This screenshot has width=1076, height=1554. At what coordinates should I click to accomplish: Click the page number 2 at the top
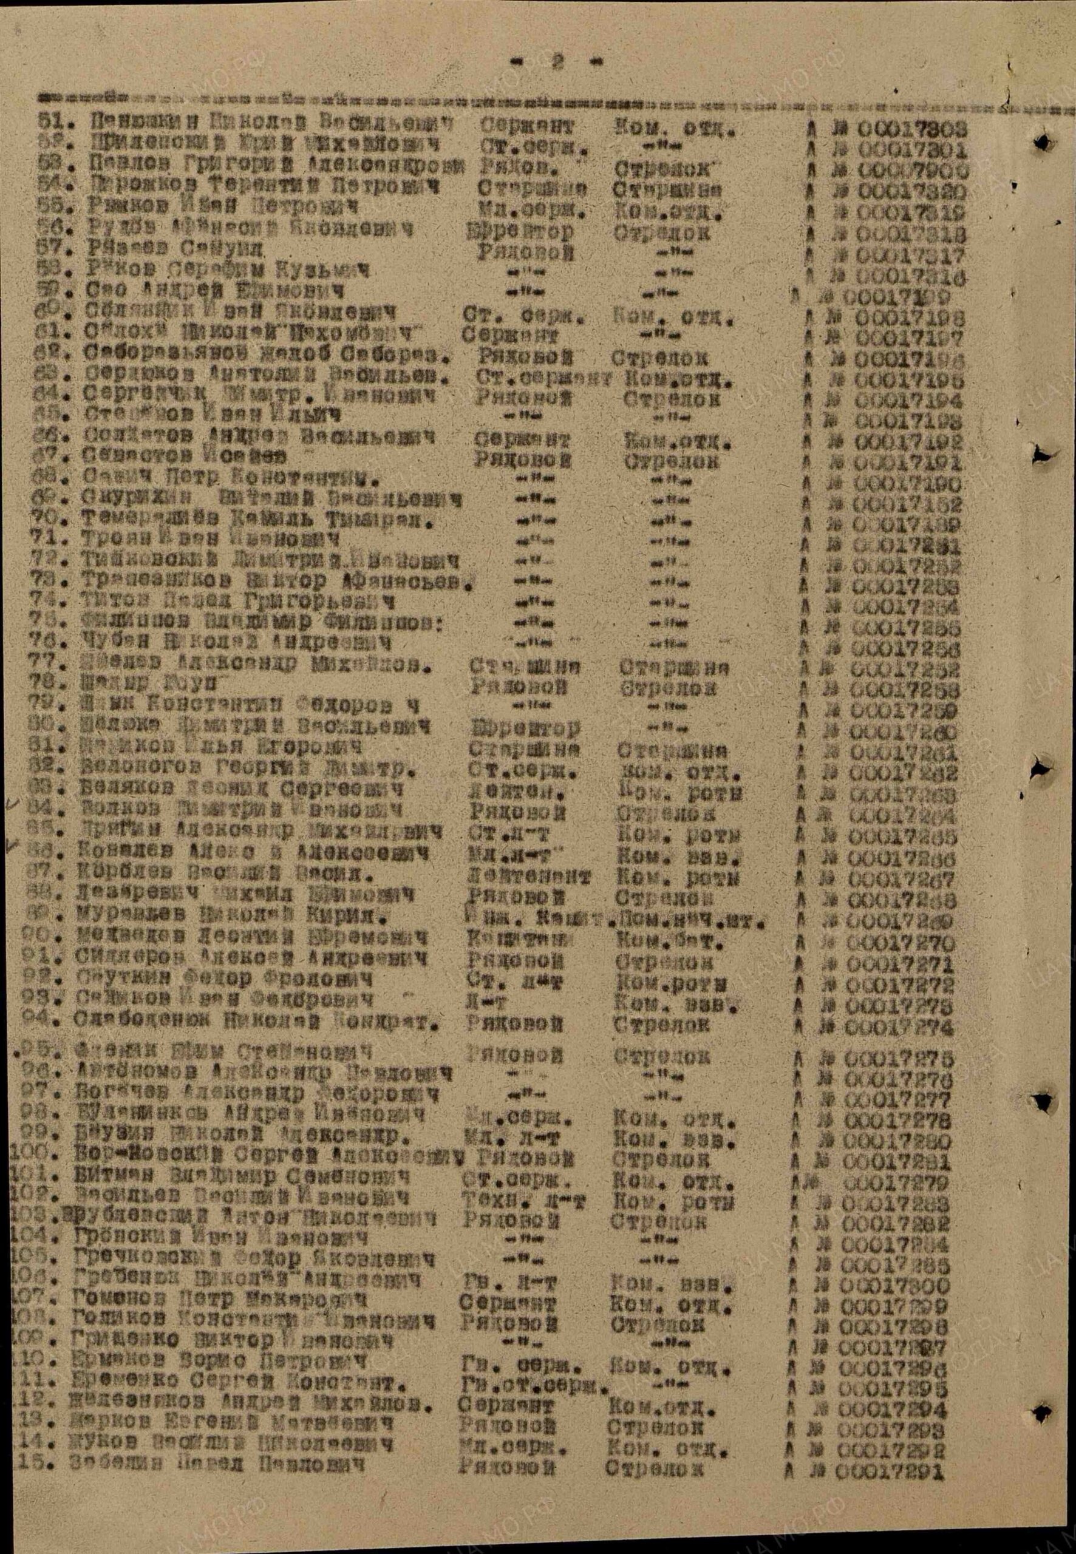pyautogui.click(x=557, y=61)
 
